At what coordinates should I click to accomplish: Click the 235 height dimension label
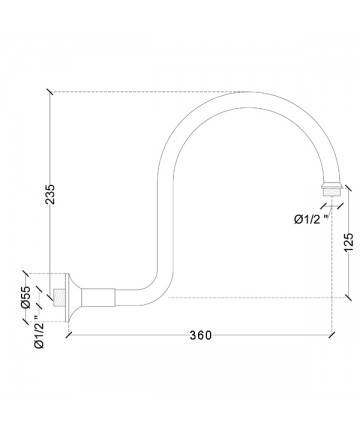tap(50, 194)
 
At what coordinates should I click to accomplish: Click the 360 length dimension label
tap(201, 335)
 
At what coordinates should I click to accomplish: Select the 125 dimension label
tap(348, 242)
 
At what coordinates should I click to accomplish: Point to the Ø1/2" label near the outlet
tap(312, 219)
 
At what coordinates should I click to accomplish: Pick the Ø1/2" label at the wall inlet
tap(39, 333)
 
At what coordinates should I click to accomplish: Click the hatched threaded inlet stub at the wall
tap(59, 297)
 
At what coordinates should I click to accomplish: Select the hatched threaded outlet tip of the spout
tap(332, 193)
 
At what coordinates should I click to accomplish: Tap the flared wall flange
tap(73, 297)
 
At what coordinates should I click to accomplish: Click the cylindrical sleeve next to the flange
tap(98, 297)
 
